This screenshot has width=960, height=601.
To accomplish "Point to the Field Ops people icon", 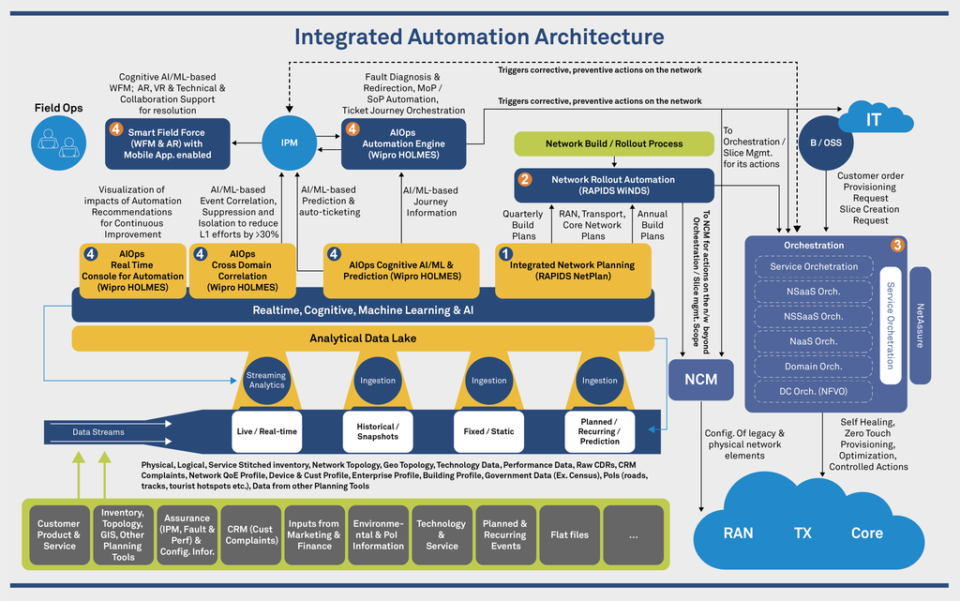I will (58, 143).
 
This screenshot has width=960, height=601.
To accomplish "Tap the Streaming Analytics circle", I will (265, 380).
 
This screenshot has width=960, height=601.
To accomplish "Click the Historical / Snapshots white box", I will (377, 430).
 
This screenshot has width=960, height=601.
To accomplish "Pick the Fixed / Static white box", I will (488, 430).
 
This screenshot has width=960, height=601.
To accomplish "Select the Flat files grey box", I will (570, 534).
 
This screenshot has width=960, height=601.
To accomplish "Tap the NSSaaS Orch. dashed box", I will (813, 316).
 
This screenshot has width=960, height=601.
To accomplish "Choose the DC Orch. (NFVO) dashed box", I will (813, 391).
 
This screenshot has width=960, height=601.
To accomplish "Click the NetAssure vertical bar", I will (920, 325).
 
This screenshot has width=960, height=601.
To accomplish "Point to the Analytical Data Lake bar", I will (362, 338).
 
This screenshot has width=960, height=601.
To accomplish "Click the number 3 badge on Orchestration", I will (897, 246).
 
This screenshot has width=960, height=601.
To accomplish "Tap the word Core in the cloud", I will (866, 533).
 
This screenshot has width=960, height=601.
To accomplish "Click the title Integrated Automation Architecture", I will (479, 37).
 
